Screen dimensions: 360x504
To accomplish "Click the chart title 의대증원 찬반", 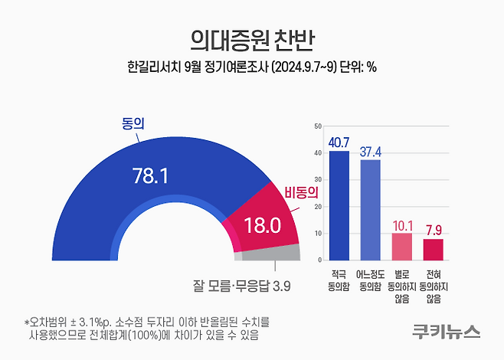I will [252, 37].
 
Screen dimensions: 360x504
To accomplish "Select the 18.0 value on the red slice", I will [261, 225].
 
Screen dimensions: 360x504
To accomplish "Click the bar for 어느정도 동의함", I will [370, 210].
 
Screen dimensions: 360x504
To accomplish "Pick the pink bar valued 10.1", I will [401, 246].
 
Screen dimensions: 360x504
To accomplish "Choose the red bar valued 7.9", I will [433, 249].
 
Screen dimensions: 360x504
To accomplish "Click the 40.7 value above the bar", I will [339, 142].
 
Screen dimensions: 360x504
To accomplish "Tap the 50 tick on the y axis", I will [317, 125].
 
